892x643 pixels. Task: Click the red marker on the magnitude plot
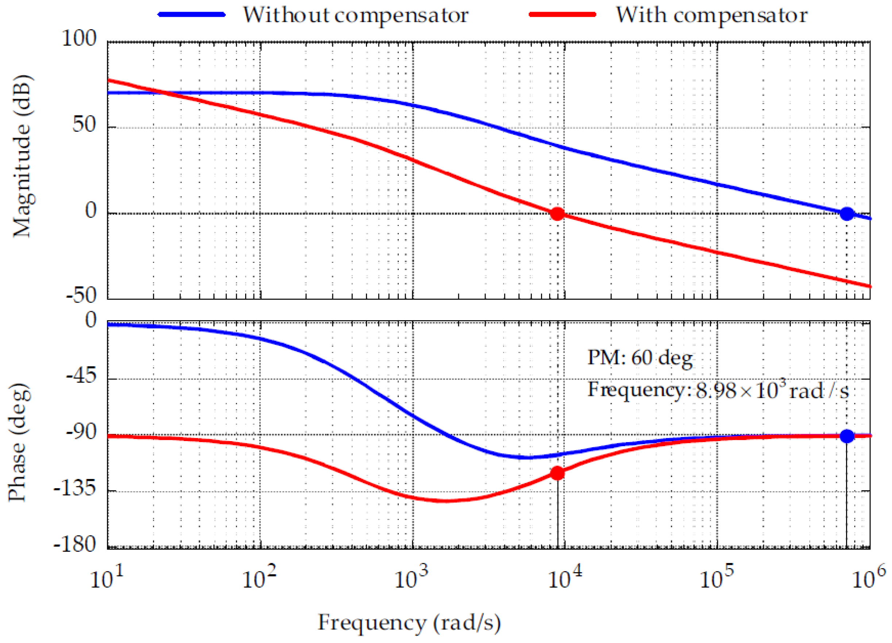tap(557, 214)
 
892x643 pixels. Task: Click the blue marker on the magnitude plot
tap(847, 214)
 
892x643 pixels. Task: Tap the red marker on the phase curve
tap(557, 473)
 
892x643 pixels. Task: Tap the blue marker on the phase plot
tap(847, 436)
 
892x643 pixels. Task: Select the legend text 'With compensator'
tap(711, 15)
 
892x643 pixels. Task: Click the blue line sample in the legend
tap(192, 15)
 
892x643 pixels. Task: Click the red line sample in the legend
tap(563, 15)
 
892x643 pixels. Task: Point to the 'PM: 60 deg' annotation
tap(640, 358)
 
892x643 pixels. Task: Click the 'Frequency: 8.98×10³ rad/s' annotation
tap(718, 390)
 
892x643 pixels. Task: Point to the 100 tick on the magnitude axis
tap(79, 39)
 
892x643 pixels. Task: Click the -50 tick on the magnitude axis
tap(81, 295)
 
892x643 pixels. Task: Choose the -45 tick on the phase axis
tap(81, 376)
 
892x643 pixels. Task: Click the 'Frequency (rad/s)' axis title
tap(409, 623)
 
